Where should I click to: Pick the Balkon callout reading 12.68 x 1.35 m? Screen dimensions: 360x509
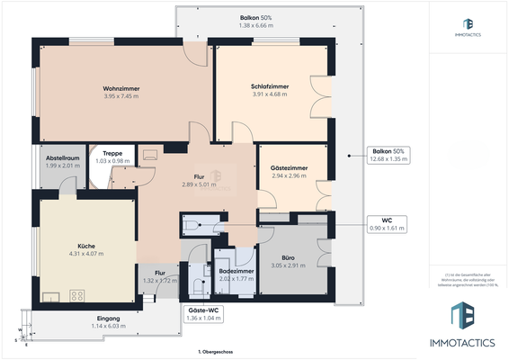click(x=388, y=155)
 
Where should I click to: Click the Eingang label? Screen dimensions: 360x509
click(x=109, y=322)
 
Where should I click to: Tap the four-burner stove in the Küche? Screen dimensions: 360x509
click(x=77, y=295)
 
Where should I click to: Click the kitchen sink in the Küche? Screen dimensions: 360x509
click(x=50, y=295)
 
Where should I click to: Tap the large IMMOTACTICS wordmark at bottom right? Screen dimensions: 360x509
click(x=471, y=343)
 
